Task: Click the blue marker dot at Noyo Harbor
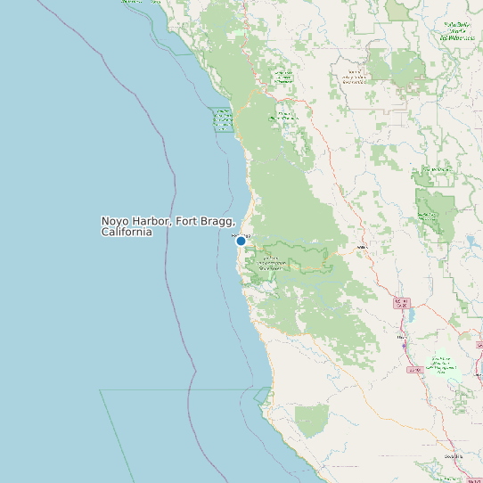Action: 241,241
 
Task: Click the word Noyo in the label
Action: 114,221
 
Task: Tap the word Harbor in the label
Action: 151,221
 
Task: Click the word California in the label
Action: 127,232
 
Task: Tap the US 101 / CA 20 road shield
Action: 400,303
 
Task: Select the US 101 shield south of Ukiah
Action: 413,369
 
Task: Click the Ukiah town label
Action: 402,338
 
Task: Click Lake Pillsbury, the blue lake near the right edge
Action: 470,241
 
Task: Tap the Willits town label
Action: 362,247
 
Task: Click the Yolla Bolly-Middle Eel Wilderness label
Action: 456,32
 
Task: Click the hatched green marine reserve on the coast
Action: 222,119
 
